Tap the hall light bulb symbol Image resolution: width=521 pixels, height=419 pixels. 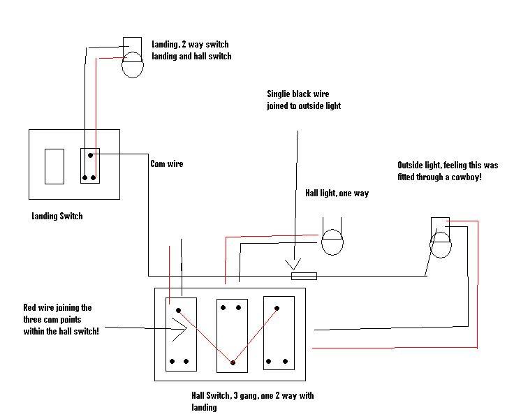click(x=332, y=242)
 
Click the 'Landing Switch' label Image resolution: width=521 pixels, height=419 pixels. click(x=57, y=216)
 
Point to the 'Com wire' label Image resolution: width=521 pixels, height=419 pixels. click(x=168, y=164)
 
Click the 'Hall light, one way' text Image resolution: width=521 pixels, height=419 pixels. click(x=337, y=193)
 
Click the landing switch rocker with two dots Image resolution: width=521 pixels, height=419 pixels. click(x=89, y=165)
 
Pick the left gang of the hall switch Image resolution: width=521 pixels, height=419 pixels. click(x=179, y=334)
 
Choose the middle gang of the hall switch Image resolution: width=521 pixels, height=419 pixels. click(x=232, y=334)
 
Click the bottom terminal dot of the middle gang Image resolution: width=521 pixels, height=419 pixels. click(x=233, y=362)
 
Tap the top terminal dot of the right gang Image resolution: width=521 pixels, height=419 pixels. click(x=277, y=307)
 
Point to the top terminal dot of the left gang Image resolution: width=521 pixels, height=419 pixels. click(x=179, y=309)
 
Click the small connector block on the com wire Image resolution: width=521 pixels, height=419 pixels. click(x=304, y=277)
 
